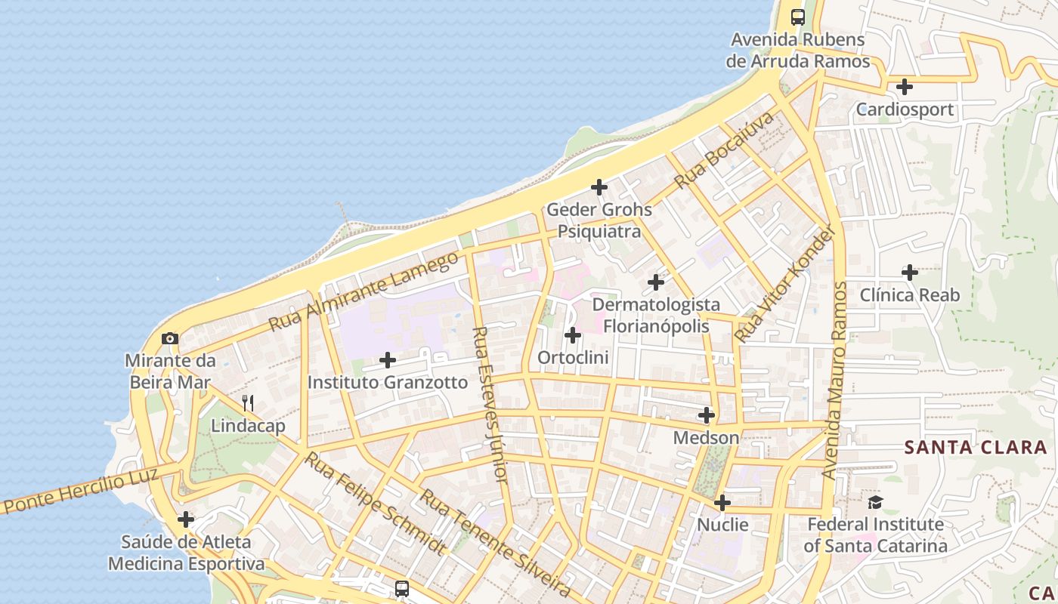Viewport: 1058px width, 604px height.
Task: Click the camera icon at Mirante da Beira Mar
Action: (170, 338)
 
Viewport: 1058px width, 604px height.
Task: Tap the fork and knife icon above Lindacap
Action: (248, 402)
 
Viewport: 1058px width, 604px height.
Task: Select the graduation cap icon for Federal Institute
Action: (875, 501)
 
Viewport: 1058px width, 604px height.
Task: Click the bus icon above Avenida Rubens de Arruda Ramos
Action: (797, 17)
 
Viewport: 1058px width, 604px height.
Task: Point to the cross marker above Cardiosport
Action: (904, 87)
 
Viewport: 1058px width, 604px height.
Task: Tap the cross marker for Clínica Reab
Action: (910, 272)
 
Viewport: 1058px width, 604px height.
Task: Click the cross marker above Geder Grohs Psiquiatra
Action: (599, 186)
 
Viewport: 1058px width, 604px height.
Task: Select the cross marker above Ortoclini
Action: (573, 334)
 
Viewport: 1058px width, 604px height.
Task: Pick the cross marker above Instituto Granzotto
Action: (388, 360)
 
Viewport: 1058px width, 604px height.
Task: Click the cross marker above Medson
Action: (707, 415)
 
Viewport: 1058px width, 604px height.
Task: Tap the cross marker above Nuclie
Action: (722, 502)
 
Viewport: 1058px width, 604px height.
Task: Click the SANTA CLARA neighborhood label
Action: (976, 447)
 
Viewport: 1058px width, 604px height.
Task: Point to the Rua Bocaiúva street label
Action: (725, 150)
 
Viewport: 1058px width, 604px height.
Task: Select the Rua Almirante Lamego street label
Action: (363, 291)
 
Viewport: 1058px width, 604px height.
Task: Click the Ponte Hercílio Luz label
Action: (81, 492)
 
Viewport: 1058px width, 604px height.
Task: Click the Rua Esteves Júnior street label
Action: (489, 404)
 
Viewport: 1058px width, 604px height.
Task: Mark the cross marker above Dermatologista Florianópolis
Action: (656, 282)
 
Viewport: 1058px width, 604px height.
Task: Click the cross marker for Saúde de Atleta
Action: (186, 519)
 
